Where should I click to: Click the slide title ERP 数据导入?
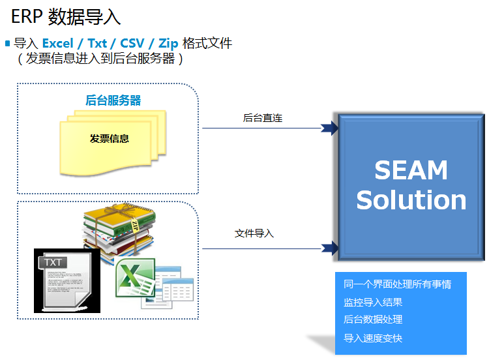point(66,16)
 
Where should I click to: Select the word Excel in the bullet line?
point(57,43)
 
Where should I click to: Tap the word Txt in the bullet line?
point(97,43)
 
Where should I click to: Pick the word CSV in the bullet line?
point(132,43)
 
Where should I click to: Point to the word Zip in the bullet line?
point(168,44)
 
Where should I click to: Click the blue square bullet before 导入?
point(8,43)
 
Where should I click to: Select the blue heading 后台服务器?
point(113,100)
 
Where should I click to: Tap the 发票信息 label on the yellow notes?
point(110,138)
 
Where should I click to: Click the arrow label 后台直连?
point(263,118)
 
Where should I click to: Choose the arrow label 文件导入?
point(254,233)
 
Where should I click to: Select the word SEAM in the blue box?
point(411,170)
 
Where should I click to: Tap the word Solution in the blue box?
point(411,200)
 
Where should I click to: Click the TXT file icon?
point(67,281)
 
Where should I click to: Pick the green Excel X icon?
point(135,277)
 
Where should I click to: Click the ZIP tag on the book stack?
point(135,226)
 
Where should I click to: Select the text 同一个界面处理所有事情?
point(397,284)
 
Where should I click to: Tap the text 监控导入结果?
point(373,302)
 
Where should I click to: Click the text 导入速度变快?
point(373,338)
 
